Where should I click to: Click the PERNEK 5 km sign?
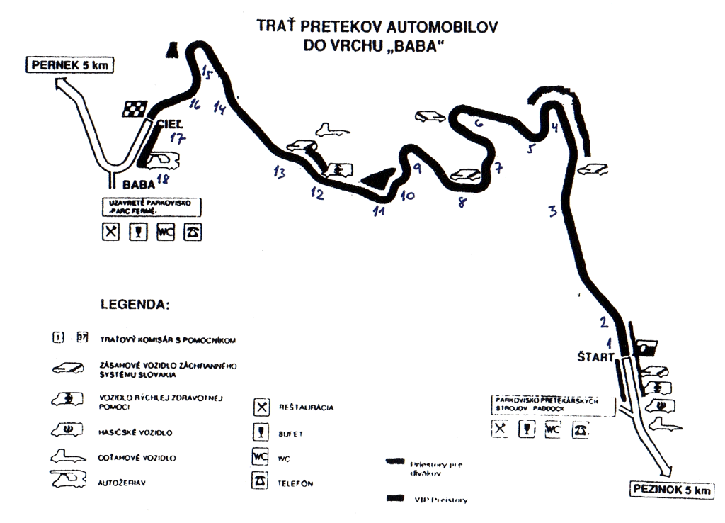tap(70, 67)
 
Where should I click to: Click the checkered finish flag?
tap(135, 108)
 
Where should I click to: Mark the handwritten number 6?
tap(479, 123)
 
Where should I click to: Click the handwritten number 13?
tap(280, 171)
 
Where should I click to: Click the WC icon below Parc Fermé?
tap(165, 233)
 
